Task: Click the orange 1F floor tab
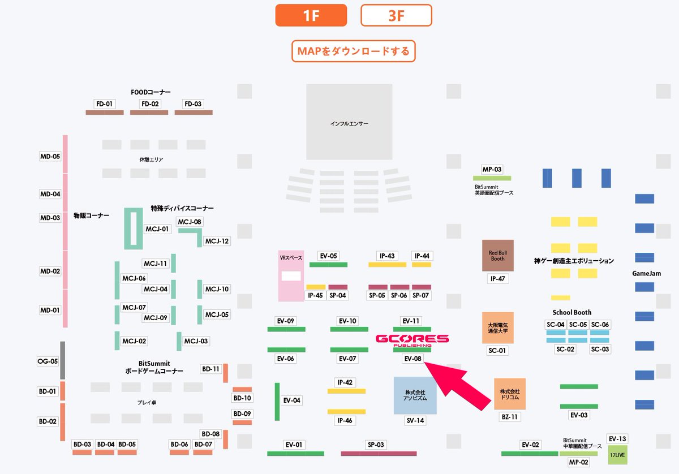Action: click(311, 15)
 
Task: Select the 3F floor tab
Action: click(396, 15)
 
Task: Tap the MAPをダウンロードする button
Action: click(354, 51)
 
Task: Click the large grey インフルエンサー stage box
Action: click(349, 122)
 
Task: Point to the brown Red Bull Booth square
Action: click(497, 255)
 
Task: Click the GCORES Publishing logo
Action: click(412, 340)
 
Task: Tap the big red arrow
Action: click(458, 384)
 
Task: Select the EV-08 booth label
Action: click(412, 359)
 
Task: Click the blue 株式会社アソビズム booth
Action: click(415, 395)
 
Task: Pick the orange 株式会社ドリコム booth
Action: click(509, 394)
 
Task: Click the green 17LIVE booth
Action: click(617, 455)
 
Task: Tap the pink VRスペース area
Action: click(291, 275)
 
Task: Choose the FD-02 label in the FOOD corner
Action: click(150, 104)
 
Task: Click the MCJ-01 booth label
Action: click(157, 229)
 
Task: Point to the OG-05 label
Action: click(48, 361)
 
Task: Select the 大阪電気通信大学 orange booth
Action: click(497, 328)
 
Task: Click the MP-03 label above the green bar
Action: click(491, 169)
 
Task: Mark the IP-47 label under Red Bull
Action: click(497, 279)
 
